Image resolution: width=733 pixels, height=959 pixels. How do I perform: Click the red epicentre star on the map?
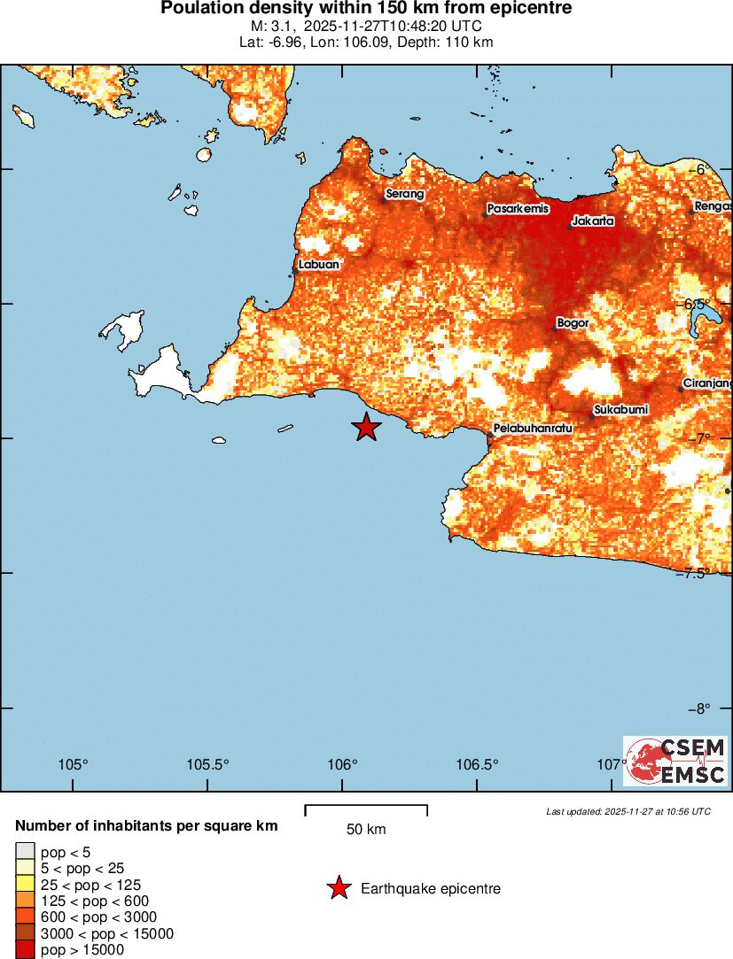coord(366,427)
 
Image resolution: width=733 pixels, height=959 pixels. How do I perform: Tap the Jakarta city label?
coord(593,220)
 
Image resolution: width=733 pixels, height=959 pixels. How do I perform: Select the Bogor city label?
coord(573,323)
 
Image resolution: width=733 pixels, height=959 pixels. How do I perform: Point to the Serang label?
coord(404,194)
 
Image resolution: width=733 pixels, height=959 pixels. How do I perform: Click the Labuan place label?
coord(318,264)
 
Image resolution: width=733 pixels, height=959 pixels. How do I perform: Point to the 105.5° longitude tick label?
coord(209,765)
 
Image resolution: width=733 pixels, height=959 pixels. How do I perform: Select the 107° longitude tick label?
coord(612,765)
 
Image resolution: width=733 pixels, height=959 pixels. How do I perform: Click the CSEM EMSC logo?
coord(675,762)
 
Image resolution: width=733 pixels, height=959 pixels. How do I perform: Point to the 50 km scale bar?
coord(366,810)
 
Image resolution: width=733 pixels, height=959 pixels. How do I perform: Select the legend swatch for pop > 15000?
coord(25,950)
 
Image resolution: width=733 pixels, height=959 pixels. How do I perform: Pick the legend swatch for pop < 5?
coord(25,852)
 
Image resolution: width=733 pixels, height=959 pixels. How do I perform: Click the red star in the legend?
coord(339,888)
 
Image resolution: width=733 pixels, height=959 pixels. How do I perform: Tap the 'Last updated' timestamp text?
coord(628,811)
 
